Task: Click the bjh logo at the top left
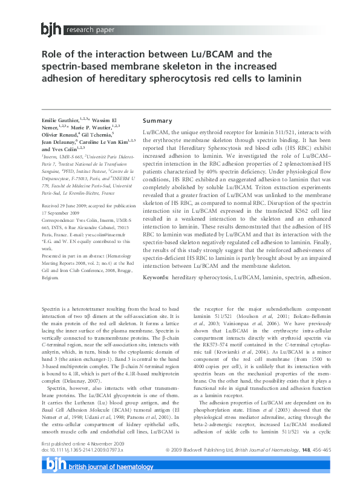click(x=51, y=28)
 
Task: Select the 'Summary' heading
click(x=157, y=120)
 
